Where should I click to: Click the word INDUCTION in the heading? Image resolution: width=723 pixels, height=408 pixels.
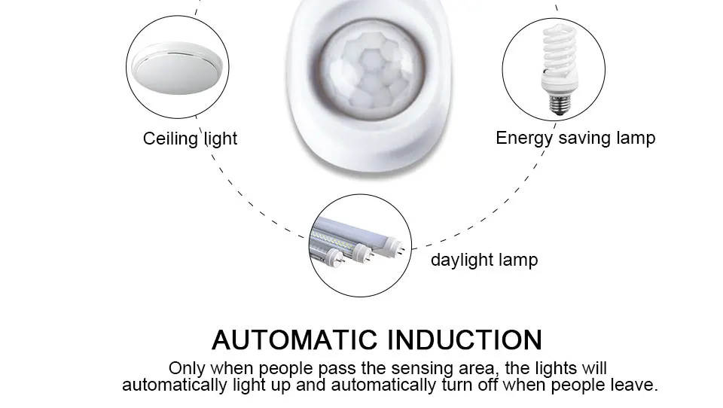click(x=464, y=339)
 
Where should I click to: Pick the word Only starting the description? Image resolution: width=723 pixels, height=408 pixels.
click(x=185, y=368)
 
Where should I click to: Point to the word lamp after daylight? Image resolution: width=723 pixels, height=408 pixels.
click(x=518, y=260)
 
